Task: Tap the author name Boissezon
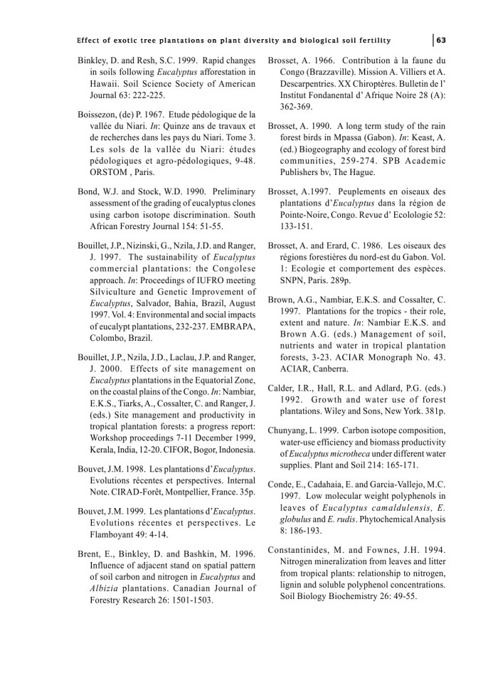101,113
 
